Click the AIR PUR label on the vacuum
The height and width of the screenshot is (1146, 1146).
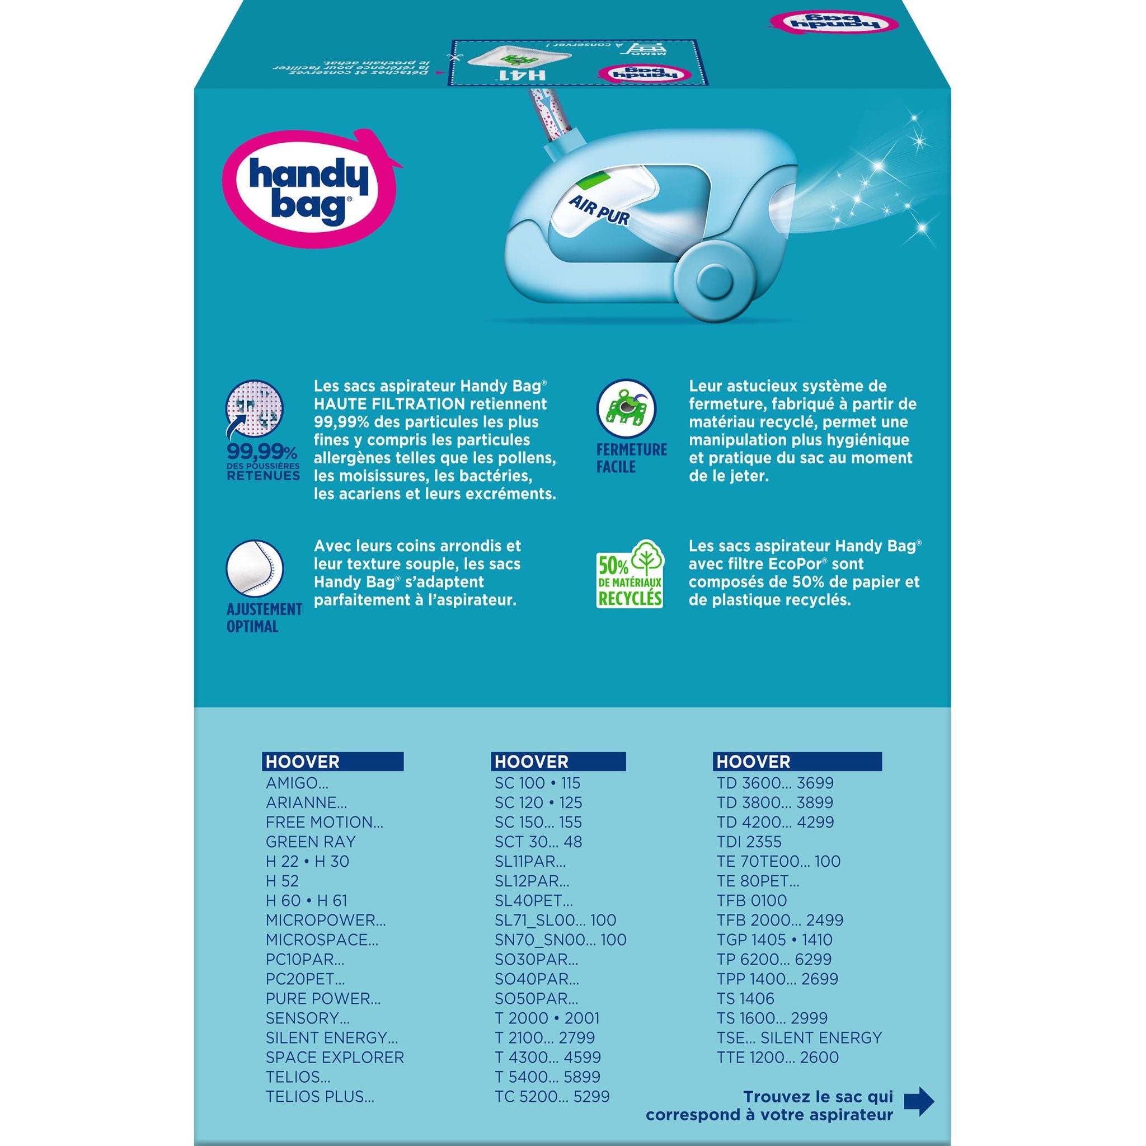coord(599,211)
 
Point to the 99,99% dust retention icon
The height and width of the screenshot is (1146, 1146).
coord(255,409)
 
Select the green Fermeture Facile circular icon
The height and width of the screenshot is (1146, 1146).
coord(626,408)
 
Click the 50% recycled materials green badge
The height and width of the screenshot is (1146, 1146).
coord(630,574)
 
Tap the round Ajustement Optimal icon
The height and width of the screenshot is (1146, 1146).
coord(255,569)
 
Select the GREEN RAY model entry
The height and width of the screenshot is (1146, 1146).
coord(310,842)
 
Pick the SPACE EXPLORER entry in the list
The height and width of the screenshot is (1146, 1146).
coord(335,1057)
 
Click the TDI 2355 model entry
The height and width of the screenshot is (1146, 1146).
coord(749,842)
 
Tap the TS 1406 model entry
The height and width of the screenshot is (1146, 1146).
coord(745,998)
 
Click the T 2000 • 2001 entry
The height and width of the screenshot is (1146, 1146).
coord(547,1018)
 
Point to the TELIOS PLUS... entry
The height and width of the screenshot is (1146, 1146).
coord(320,1096)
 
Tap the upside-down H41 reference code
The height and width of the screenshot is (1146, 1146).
coord(513,76)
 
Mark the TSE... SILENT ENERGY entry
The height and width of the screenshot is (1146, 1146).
coord(799,1037)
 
